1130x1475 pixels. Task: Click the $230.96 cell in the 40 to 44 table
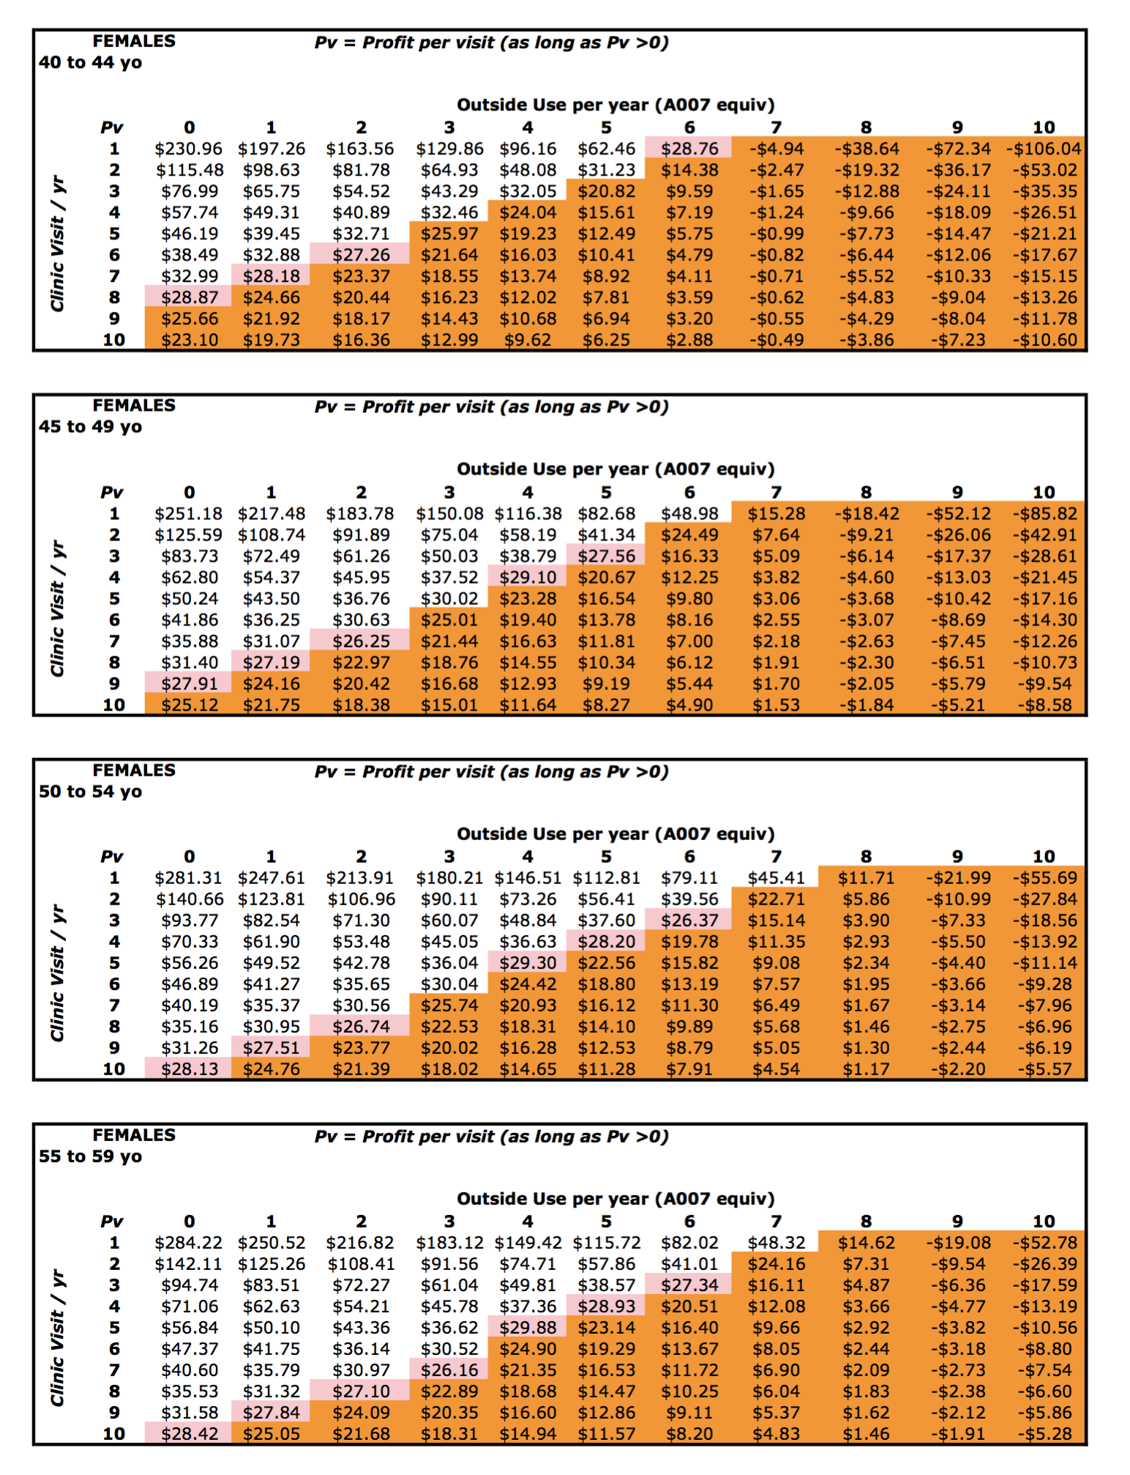pos(188,149)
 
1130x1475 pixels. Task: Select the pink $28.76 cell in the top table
pos(689,149)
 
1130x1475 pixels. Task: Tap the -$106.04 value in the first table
pos(1043,149)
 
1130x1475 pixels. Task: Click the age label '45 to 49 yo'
pos(90,427)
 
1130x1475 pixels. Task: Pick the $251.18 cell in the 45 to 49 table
pos(188,514)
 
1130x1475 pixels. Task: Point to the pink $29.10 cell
pos(527,578)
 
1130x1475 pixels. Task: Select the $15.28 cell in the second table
pos(776,514)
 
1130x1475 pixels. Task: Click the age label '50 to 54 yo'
pos(90,792)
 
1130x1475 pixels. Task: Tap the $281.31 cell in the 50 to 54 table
pos(188,878)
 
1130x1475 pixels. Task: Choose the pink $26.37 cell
pos(689,921)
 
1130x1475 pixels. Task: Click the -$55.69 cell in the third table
pos(1043,878)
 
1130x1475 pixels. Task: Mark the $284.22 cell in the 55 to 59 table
pos(188,1243)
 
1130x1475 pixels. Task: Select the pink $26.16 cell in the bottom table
pos(449,1370)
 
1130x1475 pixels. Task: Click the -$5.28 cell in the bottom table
pos(1044,1434)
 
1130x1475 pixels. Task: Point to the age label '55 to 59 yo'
pos(90,1156)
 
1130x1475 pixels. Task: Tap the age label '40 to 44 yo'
pos(90,62)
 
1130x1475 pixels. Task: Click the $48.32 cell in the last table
pos(776,1243)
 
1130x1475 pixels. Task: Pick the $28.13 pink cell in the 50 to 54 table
pos(190,1069)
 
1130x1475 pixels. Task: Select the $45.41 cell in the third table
pos(776,878)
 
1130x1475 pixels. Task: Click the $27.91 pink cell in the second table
pos(190,684)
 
